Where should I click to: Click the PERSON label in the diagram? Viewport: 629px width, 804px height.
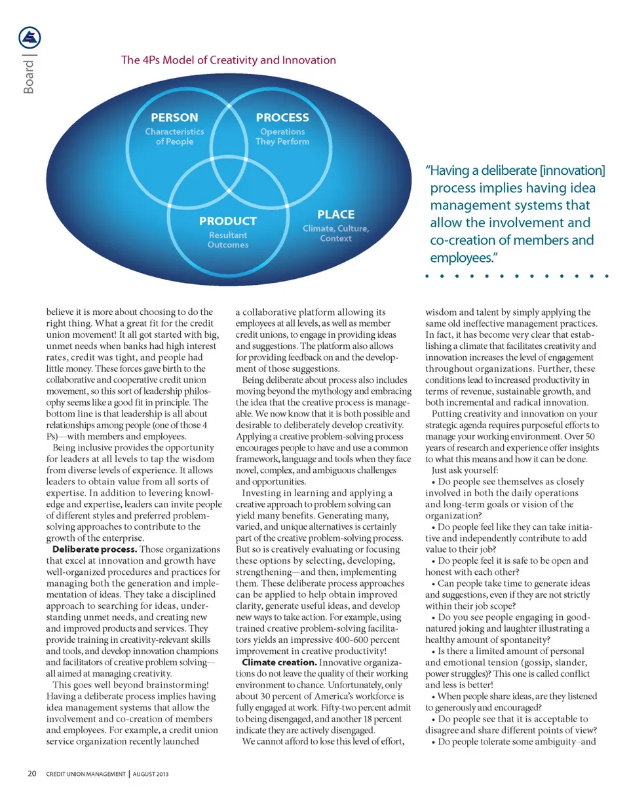click(174, 119)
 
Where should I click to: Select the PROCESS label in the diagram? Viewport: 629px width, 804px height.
click(282, 118)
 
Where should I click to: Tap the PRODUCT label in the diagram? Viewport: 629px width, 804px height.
click(227, 221)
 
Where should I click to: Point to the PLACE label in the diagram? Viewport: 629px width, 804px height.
click(335, 214)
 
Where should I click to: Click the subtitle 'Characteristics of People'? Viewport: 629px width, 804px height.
click(174, 136)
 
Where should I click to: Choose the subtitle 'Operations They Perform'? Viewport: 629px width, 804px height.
click(282, 136)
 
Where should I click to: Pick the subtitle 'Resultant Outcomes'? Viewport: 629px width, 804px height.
click(227, 240)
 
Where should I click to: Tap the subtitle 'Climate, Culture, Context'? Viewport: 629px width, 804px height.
click(335, 233)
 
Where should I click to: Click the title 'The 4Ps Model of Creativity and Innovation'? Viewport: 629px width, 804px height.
click(229, 61)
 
